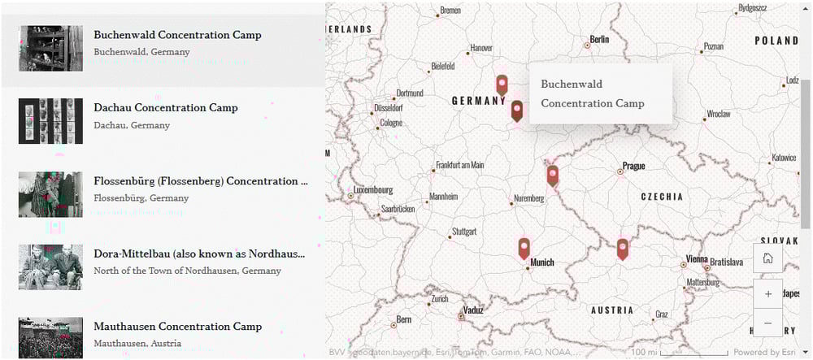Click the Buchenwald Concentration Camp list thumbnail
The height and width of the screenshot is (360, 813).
(50, 49)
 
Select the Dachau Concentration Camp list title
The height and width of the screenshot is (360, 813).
(166, 108)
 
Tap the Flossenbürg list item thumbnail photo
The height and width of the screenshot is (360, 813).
(50, 194)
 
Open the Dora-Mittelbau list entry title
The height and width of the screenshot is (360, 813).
(199, 254)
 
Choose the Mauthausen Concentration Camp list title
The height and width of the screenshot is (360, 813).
(177, 327)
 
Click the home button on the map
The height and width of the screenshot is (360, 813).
(767, 258)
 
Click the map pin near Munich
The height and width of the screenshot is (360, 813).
(524, 248)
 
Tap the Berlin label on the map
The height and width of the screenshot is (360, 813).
(599, 39)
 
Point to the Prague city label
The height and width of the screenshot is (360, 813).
(633, 167)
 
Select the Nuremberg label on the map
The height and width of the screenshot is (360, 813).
(528, 199)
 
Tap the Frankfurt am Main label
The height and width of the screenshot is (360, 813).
(459, 166)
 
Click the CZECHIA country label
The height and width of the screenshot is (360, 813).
(662, 197)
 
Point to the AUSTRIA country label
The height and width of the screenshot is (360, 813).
(611, 310)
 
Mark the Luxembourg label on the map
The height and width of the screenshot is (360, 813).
(372, 190)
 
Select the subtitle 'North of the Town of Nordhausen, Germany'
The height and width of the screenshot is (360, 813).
(187, 271)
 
